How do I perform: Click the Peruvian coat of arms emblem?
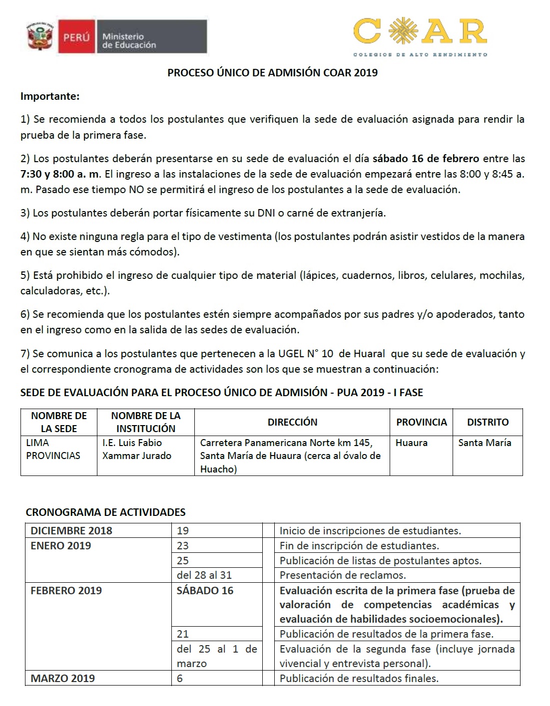41,37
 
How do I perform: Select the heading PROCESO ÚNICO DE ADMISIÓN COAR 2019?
272,73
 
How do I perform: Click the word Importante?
49,96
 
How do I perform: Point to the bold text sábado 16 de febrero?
426,159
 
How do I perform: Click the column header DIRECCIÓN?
292,422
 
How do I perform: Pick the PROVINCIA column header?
421,422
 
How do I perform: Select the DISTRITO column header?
488,422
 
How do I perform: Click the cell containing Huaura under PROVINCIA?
411,443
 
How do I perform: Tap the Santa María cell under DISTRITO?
485,443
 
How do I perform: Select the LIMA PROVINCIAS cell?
53,449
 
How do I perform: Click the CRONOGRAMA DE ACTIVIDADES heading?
105,512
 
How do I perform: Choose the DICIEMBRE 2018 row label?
71,530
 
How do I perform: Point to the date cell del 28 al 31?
204,575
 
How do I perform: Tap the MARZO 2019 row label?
62,678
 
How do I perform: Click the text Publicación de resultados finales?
359,678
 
